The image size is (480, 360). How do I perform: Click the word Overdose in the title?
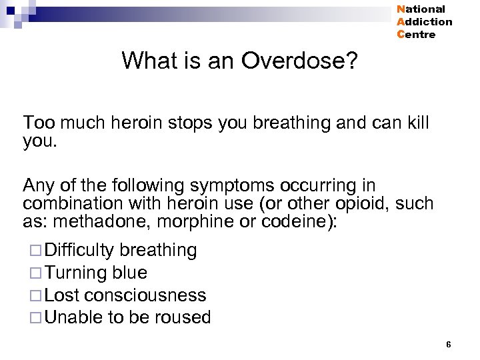tap(299, 61)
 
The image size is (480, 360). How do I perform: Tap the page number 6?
tap(449, 344)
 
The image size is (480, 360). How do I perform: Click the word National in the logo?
tap(421, 9)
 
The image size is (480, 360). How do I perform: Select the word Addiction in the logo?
tap(424, 22)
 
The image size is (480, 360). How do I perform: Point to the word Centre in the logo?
tap(416, 35)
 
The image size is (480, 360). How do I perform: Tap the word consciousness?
tap(155, 295)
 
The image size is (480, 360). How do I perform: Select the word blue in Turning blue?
tap(130, 273)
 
